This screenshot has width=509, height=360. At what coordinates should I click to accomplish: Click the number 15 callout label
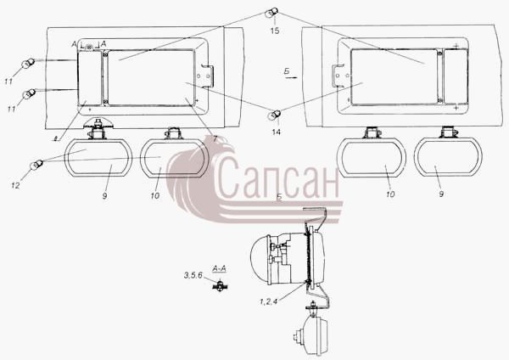tap(275, 31)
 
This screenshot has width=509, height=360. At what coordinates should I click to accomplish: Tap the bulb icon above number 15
tap(271, 14)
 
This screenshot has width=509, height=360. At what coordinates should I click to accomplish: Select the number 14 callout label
tap(277, 132)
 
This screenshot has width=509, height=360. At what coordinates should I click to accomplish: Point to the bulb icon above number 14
tap(274, 115)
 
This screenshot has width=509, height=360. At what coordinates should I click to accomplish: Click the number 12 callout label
tap(15, 186)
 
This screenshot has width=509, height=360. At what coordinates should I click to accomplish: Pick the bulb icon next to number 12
tap(36, 165)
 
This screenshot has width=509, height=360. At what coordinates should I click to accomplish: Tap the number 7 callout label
tap(215, 138)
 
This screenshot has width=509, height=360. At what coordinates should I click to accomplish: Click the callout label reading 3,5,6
tap(193, 276)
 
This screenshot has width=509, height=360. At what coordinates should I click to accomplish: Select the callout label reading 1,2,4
tap(268, 301)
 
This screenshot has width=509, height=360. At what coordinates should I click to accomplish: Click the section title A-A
tap(219, 268)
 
